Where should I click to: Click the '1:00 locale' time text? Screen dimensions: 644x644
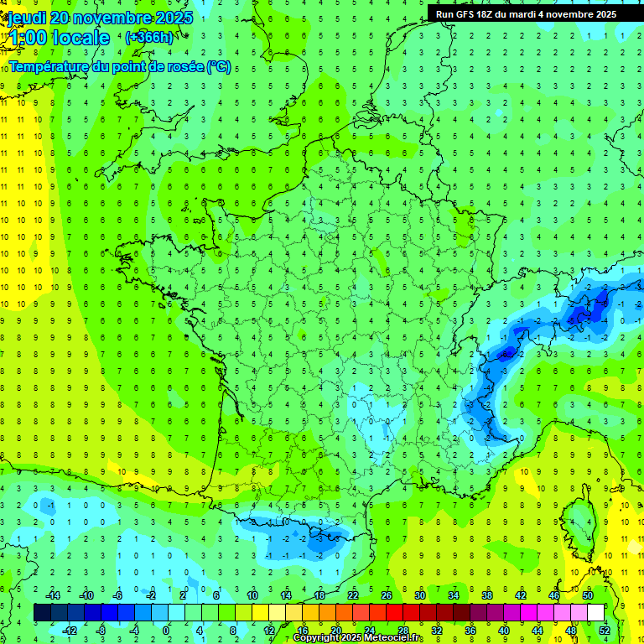57,38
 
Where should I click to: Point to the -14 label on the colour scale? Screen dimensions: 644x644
53,595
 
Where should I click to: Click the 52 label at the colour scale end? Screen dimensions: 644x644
605,630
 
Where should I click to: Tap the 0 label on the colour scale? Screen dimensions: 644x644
166,630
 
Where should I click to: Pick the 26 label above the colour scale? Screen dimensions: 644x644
387,595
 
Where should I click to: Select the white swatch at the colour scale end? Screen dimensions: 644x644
595,612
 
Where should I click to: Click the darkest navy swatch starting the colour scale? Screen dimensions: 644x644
42,612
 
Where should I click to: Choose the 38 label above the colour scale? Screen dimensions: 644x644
486,595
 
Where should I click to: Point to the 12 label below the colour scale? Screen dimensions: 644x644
269,630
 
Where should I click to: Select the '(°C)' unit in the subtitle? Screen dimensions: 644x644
219,67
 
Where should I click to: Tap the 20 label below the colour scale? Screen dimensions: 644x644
336,630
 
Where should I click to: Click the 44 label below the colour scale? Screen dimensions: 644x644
538,630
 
